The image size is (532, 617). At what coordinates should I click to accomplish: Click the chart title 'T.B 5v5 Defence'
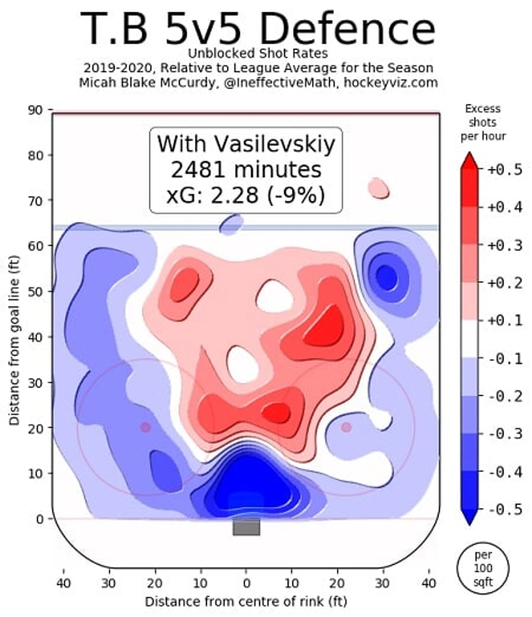coord(257,28)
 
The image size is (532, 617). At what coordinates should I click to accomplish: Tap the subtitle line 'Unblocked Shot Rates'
coord(257,54)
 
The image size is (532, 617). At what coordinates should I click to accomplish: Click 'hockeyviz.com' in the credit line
coord(391,83)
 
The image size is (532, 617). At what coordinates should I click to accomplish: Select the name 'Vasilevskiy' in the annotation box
coord(274,144)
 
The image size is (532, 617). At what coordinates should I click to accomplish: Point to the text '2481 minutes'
coord(246,170)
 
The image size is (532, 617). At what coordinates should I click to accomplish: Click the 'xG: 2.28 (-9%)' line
coord(246,195)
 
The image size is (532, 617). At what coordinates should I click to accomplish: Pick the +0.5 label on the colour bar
coord(505,170)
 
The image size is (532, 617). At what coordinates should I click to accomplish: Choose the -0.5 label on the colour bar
coord(505,509)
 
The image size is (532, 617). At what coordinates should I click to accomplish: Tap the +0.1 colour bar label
coord(505,321)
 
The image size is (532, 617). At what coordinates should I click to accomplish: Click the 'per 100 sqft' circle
coord(483,568)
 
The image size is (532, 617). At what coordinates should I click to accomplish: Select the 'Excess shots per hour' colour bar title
coord(483,122)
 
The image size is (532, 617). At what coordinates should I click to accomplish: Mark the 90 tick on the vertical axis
coord(35,110)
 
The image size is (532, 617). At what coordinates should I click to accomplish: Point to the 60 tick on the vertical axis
coord(35,246)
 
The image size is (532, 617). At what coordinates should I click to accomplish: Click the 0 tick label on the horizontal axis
coord(246,583)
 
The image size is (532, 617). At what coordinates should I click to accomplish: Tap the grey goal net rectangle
coord(246,527)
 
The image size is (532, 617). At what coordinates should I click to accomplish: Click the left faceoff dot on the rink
coord(146,427)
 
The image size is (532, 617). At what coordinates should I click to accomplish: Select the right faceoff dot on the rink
coord(346,427)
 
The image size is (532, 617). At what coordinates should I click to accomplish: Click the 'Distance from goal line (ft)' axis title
coord(15,341)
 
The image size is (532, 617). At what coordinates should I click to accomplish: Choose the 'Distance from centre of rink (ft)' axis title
coord(246,601)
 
